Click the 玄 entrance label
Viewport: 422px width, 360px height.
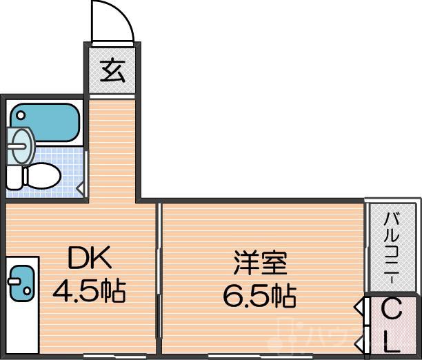click(x=113, y=71)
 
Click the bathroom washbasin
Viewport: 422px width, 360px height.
click(x=21, y=143)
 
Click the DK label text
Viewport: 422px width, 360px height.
click(x=88, y=260)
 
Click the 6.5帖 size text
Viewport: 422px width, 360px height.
click(x=259, y=297)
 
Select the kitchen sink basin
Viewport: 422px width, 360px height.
click(x=21, y=281)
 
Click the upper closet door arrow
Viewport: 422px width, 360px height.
click(x=360, y=306)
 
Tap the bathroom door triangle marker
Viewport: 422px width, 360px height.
click(x=80, y=186)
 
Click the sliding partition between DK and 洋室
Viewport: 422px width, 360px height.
click(x=159, y=276)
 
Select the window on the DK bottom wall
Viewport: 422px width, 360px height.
click(x=103, y=356)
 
